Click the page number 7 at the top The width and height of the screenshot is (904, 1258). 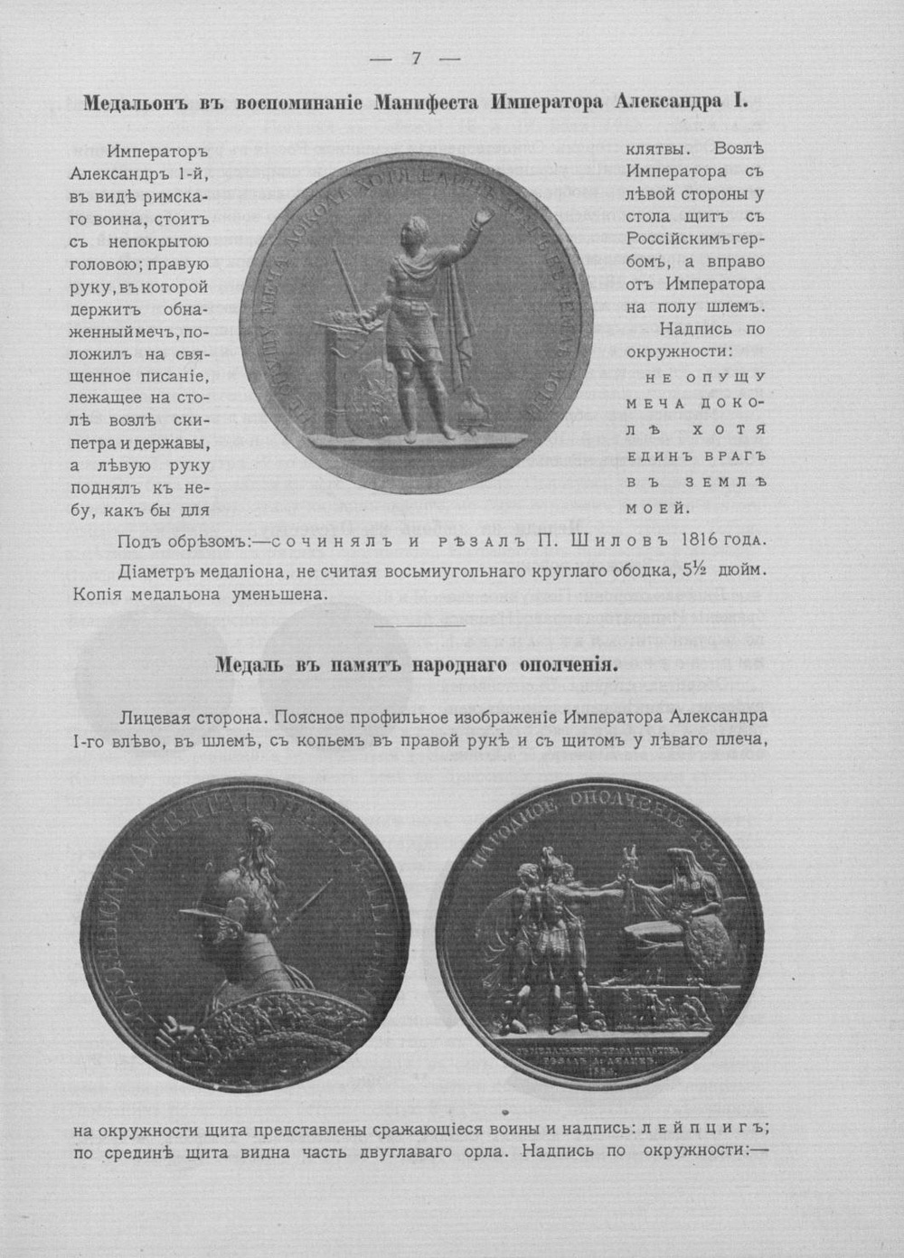coord(417,59)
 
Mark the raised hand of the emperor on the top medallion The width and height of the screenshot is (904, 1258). coord(486,217)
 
